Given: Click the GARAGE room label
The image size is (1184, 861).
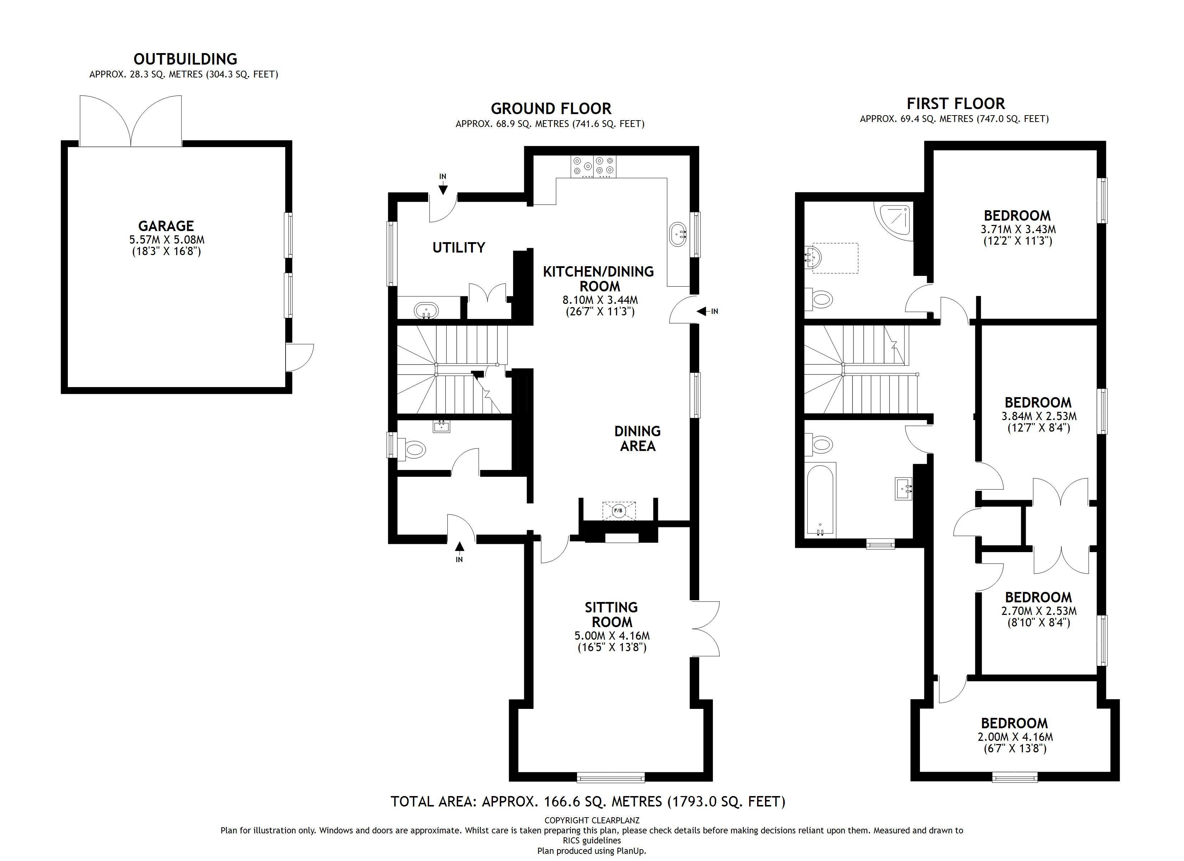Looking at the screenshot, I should (x=166, y=226).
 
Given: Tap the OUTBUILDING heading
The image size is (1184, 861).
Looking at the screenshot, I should (x=185, y=59).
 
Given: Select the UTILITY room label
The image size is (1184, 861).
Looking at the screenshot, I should (x=459, y=248).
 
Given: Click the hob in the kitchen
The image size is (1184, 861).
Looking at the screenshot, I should (x=593, y=166).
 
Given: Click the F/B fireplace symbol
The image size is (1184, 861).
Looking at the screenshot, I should (x=619, y=511).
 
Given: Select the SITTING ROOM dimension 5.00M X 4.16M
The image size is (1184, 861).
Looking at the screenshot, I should (x=612, y=636).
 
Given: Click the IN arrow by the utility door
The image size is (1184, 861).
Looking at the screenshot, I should (x=443, y=185).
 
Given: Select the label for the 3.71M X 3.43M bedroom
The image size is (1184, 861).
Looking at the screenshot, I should (x=1017, y=216).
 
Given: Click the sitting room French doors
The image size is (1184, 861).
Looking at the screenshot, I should (x=706, y=629).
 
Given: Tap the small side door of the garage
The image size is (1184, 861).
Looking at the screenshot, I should (x=300, y=357).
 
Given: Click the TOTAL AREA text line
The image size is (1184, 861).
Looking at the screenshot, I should (x=588, y=801).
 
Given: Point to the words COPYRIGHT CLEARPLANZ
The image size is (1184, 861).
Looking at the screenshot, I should (x=592, y=820).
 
